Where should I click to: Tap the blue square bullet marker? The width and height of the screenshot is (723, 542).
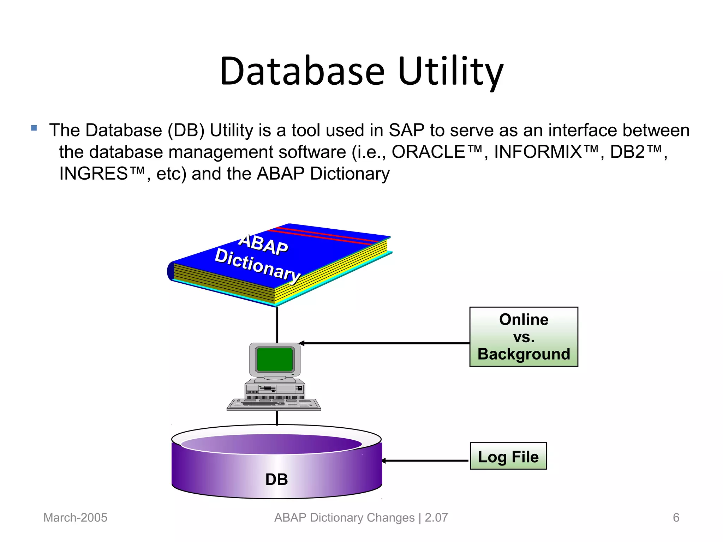pyautogui.click(x=34, y=128)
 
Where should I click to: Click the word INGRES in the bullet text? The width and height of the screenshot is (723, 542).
pyautogui.click(x=94, y=174)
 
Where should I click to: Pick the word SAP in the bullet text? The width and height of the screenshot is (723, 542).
pyautogui.click(x=406, y=130)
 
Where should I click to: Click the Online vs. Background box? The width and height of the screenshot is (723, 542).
pyautogui.click(x=524, y=337)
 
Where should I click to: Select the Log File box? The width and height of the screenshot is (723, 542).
pyautogui.click(x=508, y=456)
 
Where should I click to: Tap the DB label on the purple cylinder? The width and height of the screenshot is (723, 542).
pyautogui.click(x=276, y=479)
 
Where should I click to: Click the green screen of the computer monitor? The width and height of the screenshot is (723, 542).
pyautogui.click(x=275, y=359)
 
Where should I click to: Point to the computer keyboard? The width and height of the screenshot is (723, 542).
pyautogui.click(x=274, y=404)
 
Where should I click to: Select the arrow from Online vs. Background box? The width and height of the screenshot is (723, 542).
pyautogui.click(x=385, y=343)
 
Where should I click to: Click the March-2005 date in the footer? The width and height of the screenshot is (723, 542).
pyautogui.click(x=75, y=518)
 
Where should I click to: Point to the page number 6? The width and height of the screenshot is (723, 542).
pyautogui.click(x=676, y=518)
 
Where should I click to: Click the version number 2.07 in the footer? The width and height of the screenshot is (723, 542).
pyautogui.click(x=436, y=518)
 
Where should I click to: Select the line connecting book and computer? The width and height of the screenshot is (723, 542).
pyautogui.click(x=277, y=325)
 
